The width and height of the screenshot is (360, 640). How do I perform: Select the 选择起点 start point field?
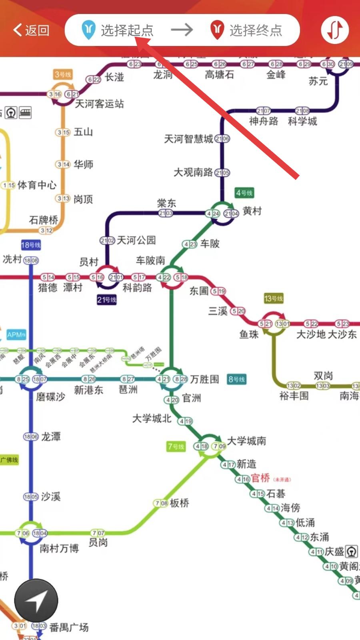(118, 30)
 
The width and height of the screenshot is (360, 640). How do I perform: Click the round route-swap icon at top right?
(335, 30)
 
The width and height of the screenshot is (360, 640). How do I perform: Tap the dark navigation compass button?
(36, 600)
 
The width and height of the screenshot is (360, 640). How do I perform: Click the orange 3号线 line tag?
(63, 74)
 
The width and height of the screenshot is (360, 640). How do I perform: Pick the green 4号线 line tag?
(244, 193)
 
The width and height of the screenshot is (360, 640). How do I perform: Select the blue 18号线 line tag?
(31, 245)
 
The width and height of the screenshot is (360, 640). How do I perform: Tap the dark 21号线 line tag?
(106, 300)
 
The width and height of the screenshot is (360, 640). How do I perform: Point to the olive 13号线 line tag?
(274, 298)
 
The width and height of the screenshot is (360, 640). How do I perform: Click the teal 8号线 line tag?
(236, 379)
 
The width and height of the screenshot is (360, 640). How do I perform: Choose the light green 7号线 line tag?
(176, 446)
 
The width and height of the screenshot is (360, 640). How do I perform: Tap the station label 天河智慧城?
(188, 139)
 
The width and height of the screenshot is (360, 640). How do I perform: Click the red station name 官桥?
(260, 478)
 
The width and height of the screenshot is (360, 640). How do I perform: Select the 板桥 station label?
(179, 503)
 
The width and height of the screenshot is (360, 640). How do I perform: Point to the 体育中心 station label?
(37, 185)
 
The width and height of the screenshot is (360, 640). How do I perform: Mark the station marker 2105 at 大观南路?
(222, 173)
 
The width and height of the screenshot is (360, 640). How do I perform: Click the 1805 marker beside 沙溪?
(31, 497)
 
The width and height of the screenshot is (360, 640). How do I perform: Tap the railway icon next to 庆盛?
(352, 552)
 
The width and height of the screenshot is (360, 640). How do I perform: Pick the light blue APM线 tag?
(16, 335)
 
